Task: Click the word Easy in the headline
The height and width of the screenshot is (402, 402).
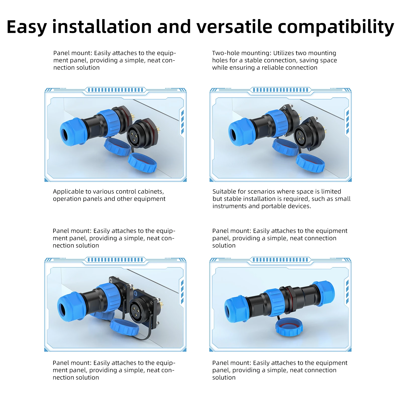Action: [x=27, y=27]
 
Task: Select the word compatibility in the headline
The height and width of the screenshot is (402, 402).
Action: [x=336, y=27]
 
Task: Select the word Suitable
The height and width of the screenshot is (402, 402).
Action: [x=224, y=191]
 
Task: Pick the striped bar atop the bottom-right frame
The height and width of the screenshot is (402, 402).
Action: [x=280, y=260]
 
